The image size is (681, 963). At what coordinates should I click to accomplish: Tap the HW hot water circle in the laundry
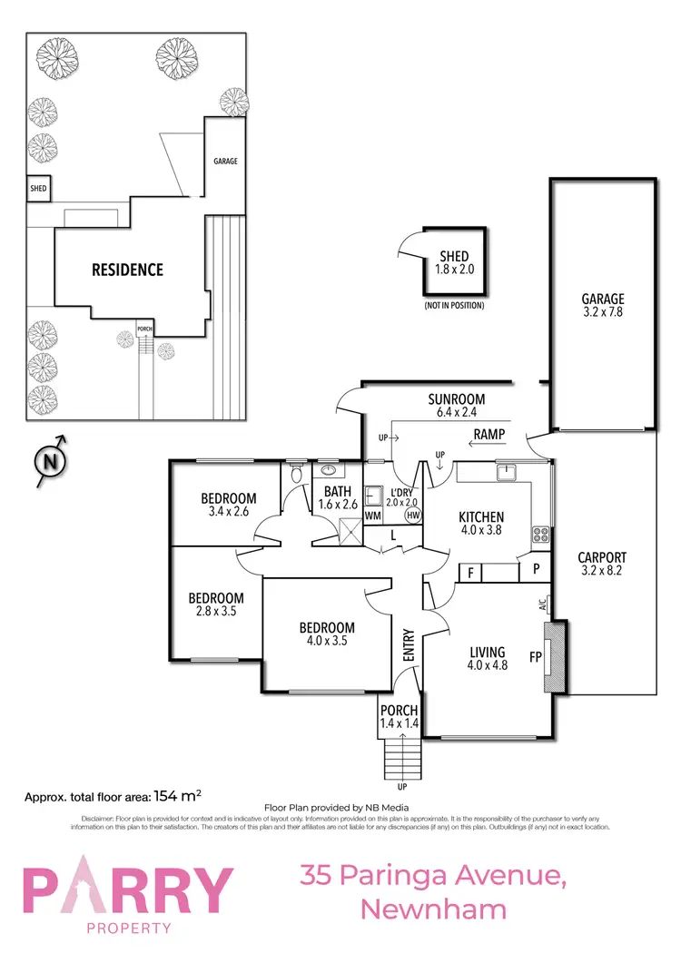tap(413, 516)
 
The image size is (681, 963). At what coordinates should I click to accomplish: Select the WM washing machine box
tap(372, 516)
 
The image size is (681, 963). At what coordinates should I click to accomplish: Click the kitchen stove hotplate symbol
tap(541, 535)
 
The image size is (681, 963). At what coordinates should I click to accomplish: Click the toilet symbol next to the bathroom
tap(297, 473)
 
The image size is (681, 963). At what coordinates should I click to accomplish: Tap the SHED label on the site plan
tap(38, 189)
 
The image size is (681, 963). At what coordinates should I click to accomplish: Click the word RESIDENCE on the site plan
tap(127, 270)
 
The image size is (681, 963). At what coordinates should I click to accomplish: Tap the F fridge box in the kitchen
tap(470, 573)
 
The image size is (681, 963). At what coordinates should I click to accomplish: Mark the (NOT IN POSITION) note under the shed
tap(454, 306)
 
